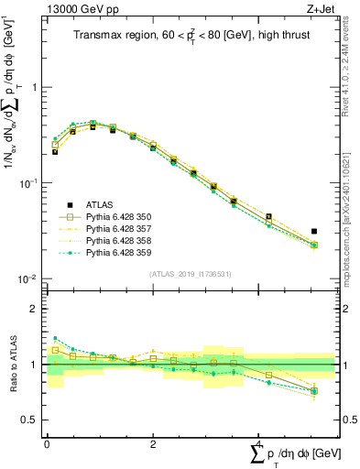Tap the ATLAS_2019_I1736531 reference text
pos(190,274)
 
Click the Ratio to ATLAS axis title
pos(12,364)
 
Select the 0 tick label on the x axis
pos(47,443)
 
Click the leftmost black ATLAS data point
pos(55,152)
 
